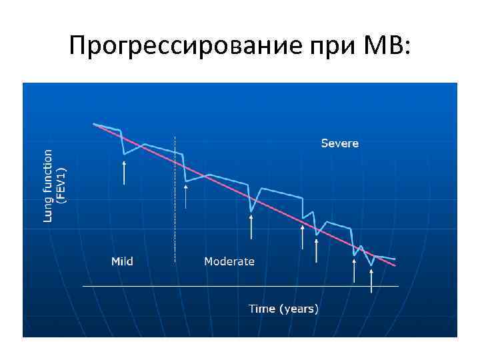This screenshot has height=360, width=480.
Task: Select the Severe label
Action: tap(339, 143)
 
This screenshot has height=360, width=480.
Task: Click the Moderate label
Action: tap(229, 261)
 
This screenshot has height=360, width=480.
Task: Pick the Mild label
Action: tap(122, 261)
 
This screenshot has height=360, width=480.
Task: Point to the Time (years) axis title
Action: tap(283, 309)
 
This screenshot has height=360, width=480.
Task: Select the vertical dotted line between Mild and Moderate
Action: tap(175, 200)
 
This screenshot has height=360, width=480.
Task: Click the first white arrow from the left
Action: tap(125, 172)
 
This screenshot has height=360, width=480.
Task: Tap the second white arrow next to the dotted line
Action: tap(186, 195)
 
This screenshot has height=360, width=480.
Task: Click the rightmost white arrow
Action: tap(371, 280)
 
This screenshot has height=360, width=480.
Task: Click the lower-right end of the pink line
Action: tap(395, 266)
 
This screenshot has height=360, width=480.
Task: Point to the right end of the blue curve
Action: tap(395, 259)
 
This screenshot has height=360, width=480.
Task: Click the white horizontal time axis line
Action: tap(240, 286)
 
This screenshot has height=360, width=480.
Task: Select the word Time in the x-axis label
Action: tap(262, 309)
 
